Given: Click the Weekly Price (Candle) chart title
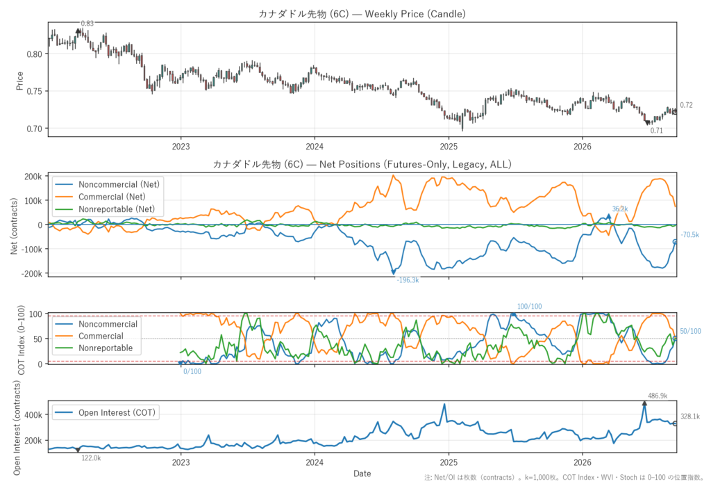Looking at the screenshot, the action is tap(362, 14).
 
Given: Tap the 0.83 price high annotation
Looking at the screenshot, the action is tap(87, 23).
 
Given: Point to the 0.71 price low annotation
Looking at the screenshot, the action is tap(657, 131).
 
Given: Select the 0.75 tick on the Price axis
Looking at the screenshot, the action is tap(35, 91).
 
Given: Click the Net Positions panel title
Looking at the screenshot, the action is tap(362, 164).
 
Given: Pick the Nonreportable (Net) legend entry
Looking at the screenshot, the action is tap(105, 209).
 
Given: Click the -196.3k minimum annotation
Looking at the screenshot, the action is tap(408, 280).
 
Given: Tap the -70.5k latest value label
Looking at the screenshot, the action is tap(689, 235).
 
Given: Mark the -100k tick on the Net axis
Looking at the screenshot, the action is tap(32, 250).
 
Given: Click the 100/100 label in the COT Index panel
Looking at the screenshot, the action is tap(529, 307).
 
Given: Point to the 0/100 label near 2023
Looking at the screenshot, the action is tap(192, 371).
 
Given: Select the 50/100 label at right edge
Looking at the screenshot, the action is tap(691, 332).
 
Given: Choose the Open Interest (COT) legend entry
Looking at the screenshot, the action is tap(105, 412).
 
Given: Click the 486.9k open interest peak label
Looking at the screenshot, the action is tap(658, 396).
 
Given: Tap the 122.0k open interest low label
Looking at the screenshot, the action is tap(91, 458).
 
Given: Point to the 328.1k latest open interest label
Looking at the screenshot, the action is tap(690, 416).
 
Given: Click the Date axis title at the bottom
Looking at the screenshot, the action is tap(362, 473).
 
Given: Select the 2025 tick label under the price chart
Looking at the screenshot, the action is tap(449, 146).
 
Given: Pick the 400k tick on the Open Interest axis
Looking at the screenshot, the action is tap(33, 414).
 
